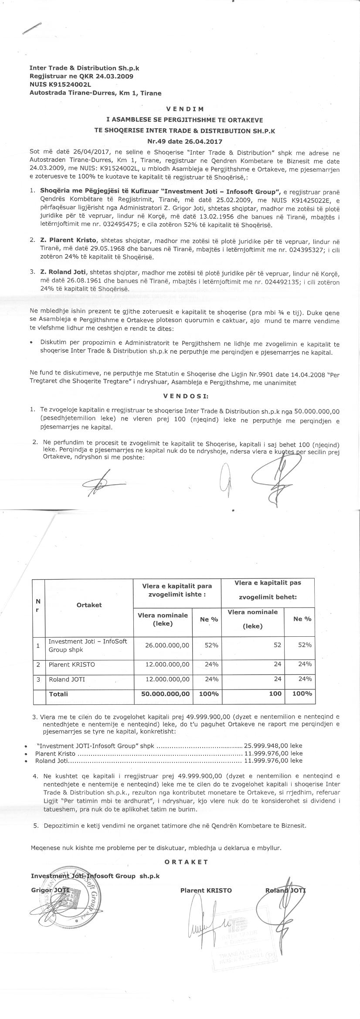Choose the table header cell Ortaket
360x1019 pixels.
[89, 605]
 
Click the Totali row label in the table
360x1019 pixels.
[58, 693]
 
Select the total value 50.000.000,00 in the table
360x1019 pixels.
[163, 693]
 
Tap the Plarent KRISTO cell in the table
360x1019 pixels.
[71, 665]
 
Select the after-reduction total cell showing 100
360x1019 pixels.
[275, 693]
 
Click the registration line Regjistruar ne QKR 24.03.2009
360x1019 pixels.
[81, 76]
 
